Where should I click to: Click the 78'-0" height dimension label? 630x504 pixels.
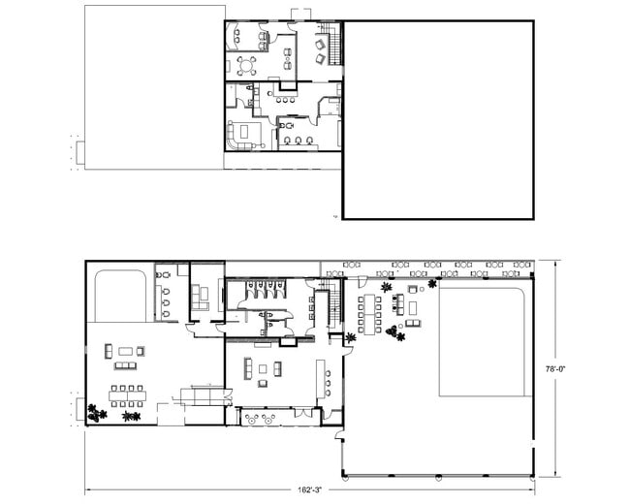tap(555, 368)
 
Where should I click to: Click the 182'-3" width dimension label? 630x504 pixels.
tap(310, 489)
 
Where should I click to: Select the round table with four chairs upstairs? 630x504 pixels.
tap(246, 66)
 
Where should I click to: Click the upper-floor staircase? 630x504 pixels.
tap(334, 45)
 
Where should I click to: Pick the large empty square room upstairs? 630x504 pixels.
tap(438, 120)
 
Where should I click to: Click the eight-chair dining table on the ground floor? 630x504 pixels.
tap(127, 395)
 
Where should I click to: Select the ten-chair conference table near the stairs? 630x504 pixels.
tap(369, 313)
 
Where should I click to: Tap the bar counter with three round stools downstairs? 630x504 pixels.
tap(323, 378)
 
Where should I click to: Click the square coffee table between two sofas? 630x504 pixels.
tap(263, 369)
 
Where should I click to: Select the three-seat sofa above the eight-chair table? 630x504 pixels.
tap(125, 365)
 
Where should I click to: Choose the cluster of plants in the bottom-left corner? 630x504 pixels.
tap(97, 414)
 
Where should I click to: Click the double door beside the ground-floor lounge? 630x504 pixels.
tap(228, 396)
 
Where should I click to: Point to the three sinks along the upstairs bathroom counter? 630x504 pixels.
tap(299, 141)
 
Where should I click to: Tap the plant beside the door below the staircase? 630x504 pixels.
tap(351, 337)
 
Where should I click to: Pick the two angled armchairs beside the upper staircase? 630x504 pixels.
tap(320, 51)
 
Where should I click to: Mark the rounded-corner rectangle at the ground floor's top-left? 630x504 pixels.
tap(120, 296)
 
